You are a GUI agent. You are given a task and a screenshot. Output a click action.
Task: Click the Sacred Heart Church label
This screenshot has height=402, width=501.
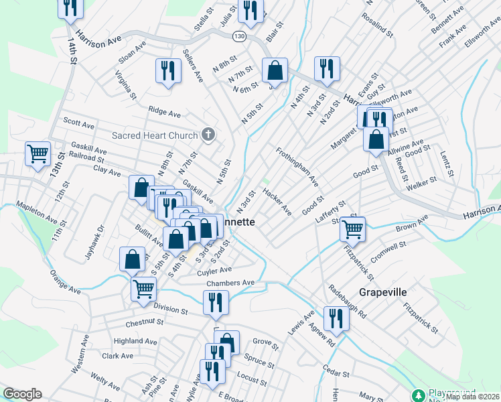[155, 135]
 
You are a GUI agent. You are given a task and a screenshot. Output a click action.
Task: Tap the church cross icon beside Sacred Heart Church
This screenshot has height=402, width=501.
[208, 135]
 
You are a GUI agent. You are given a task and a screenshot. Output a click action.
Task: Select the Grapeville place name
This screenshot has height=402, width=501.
[382, 293]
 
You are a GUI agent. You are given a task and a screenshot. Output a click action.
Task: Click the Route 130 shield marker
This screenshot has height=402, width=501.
[238, 34]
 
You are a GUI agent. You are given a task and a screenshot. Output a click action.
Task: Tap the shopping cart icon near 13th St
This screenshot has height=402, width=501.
[38, 153]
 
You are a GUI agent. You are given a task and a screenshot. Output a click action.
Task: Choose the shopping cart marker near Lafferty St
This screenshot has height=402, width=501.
[352, 229]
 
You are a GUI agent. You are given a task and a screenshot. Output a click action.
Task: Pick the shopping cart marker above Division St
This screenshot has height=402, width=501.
[143, 289]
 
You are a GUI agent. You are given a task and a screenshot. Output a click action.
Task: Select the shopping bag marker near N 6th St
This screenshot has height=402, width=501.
[275, 70]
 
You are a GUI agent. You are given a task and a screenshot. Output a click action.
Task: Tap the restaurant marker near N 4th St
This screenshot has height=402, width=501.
[327, 68]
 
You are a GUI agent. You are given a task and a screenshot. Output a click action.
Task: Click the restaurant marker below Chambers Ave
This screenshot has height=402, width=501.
[216, 302]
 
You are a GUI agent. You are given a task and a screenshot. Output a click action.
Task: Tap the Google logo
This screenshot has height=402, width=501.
[23, 395]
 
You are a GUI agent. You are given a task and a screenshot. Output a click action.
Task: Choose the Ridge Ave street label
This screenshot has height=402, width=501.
[165, 113]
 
